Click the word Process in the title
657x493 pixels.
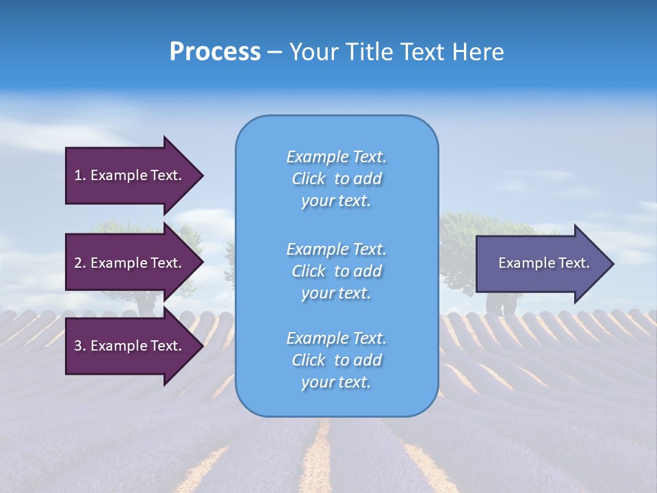pyautogui.click(x=215, y=52)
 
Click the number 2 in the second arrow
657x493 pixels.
pyautogui.click(x=78, y=263)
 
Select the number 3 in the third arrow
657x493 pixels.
pyautogui.click(x=78, y=346)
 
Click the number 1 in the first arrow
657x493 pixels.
pyautogui.click(x=78, y=175)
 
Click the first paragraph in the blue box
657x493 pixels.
pyautogui.click(x=336, y=179)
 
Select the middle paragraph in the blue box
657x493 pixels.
pyautogui.click(x=336, y=271)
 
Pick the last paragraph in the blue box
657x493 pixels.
pyautogui.click(x=336, y=360)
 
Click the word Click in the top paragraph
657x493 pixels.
pyautogui.click(x=309, y=179)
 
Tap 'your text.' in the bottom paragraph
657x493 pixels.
pyautogui.click(x=336, y=383)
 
